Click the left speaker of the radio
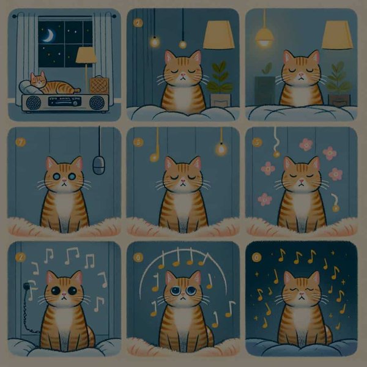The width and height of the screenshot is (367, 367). (x=33, y=102)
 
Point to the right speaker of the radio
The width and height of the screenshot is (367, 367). (x=96, y=102)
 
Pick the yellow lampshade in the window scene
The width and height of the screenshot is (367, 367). (x=86, y=56)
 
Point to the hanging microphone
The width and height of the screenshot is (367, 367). (x=98, y=164)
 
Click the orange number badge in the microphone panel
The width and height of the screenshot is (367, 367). (x=21, y=143)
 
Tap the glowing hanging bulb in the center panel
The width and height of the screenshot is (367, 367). (x=220, y=148)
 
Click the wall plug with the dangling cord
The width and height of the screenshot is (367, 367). (x=28, y=285)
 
